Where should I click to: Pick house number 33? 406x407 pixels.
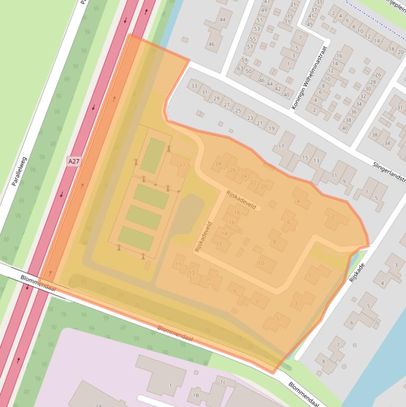(194, 86)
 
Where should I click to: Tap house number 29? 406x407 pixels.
(216, 99)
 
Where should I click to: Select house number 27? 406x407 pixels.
(227, 105)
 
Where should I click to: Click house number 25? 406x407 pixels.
(238, 110)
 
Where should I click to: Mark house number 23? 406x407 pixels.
(250, 117)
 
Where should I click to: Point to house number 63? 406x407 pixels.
(240, 69)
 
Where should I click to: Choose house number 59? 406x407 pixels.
(244, 60)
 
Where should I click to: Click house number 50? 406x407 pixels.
(249, 71)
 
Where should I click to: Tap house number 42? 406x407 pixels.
(277, 89)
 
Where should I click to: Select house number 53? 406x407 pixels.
(258, 29)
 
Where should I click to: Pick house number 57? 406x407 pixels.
(250, 47)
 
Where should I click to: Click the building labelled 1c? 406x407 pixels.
(223, 382)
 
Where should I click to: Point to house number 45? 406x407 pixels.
(309, 24)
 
